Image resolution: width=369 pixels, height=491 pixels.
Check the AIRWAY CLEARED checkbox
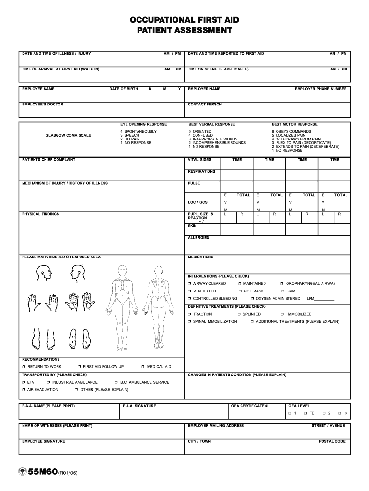coord(190,284)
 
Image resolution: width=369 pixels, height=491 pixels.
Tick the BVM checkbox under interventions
coord(282,291)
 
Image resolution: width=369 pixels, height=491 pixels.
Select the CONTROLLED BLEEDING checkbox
coord(190,299)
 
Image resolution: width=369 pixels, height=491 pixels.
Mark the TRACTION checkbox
coord(190,314)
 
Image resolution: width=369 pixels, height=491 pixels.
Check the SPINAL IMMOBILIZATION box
coord(190,322)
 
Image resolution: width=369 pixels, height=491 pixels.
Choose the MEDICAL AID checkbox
coord(143,367)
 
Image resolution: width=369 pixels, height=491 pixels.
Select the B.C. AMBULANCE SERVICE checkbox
coord(116,382)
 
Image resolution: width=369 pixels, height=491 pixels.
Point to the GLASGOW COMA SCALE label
coord(68,135)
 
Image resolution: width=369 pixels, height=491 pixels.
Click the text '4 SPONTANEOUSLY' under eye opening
coord(138,131)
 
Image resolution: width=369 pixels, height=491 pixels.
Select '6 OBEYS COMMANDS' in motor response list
coord(291,131)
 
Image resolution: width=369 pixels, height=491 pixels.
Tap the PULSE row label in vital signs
coord(194,183)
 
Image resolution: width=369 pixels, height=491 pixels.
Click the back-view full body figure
coord(159,302)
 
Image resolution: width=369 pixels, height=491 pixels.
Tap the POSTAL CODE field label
coord(332,441)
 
